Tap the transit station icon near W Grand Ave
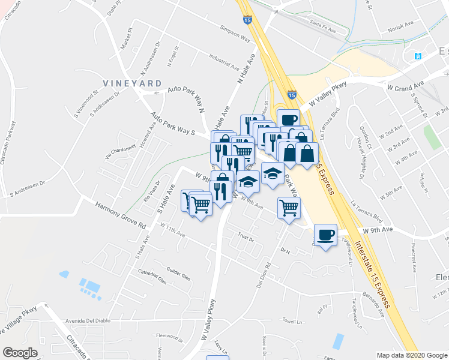[x=418, y=56]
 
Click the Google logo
[x=20, y=352]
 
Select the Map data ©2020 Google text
[x=411, y=355]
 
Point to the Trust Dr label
[x=246, y=237]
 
